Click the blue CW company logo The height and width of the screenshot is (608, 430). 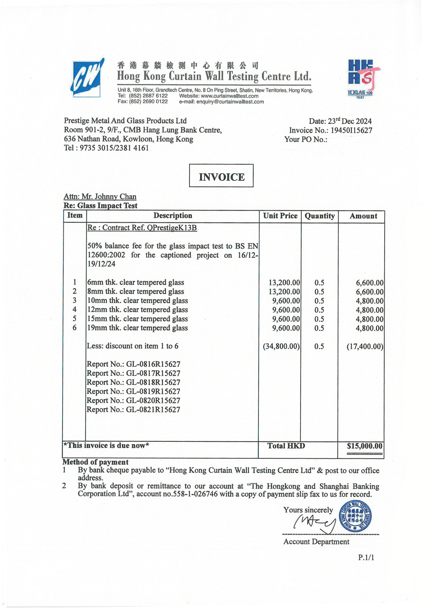coord(86,78)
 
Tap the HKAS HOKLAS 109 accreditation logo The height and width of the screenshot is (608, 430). coord(362,79)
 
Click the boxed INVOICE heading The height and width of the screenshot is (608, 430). coord(221,177)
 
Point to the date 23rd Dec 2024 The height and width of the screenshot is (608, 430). coord(349,121)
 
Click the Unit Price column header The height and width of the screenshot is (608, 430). coord(280,216)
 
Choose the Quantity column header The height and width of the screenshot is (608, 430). coord(319,216)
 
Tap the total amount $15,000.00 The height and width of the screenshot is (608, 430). coord(364,446)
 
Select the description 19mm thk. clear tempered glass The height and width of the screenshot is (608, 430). coord(138,328)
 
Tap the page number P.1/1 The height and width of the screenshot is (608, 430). coord(366,558)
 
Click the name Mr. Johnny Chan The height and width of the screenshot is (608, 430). coord(109,197)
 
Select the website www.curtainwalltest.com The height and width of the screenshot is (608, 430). coord(229,96)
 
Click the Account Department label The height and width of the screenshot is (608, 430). coord(316,542)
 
